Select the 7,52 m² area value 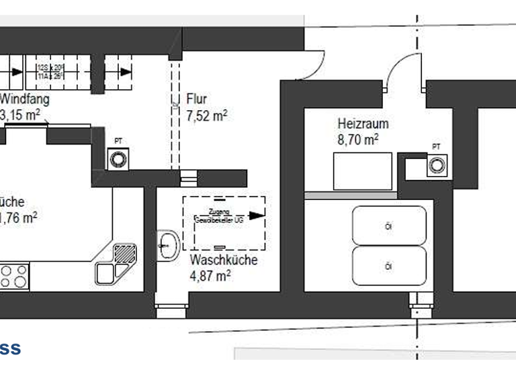(x=206, y=115)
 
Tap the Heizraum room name (x=363, y=124)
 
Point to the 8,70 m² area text (x=357, y=140)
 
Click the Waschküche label (x=223, y=260)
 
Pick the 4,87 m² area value (x=210, y=275)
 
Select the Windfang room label (x=25, y=99)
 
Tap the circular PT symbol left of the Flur (x=119, y=159)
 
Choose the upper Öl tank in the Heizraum (x=389, y=226)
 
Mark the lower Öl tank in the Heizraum (x=389, y=267)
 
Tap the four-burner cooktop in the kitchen (x=14, y=275)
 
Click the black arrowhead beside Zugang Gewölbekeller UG (x=256, y=216)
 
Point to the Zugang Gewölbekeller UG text (x=218, y=216)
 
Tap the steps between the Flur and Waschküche (x=189, y=178)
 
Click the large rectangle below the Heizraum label (x=362, y=172)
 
